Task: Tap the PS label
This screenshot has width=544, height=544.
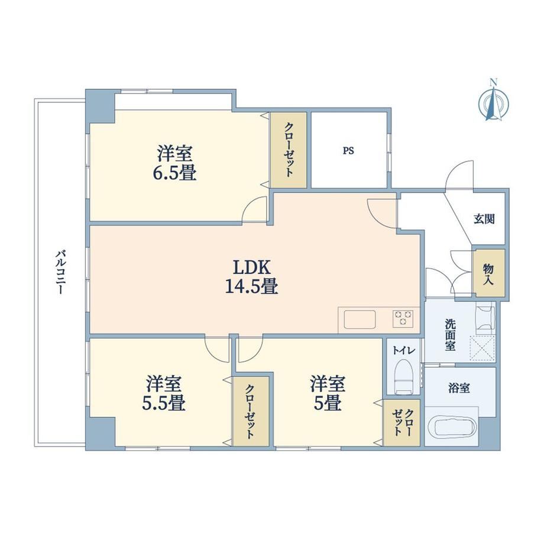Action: point(348,151)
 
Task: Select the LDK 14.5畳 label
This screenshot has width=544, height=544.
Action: point(251,277)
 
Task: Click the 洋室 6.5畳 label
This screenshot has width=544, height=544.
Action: point(175,163)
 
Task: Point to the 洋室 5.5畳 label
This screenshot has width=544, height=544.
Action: point(163,393)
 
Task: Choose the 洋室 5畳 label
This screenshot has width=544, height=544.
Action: point(328,393)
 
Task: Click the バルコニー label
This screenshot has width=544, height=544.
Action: point(60,273)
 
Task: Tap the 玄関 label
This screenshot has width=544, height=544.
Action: point(484,219)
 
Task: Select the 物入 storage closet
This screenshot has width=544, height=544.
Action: point(488,273)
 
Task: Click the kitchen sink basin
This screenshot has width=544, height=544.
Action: point(360,319)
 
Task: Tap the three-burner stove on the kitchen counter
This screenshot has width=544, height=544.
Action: point(403,319)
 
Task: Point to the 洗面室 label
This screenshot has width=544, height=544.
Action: point(451,335)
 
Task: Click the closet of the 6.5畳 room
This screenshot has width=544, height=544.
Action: point(289,150)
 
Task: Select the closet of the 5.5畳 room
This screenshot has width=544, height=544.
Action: point(251,412)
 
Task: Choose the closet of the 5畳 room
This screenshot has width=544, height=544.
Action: point(401,423)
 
